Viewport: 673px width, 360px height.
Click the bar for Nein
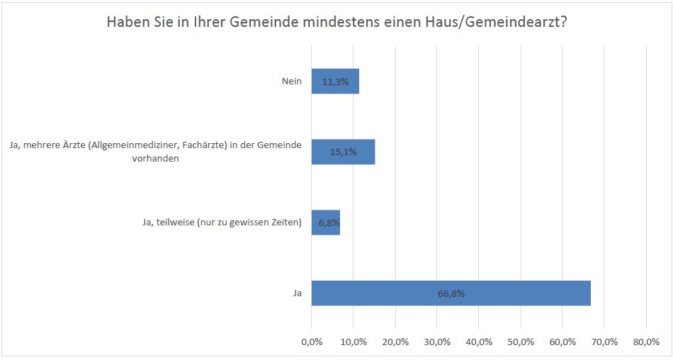click(x=335, y=81)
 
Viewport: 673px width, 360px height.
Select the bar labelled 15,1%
click(x=343, y=152)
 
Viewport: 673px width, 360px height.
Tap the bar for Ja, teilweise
click(x=326, y=223)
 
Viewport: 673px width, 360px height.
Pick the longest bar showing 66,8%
click(x=451, y=293)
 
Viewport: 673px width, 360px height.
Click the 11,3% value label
click(x=335, y=81)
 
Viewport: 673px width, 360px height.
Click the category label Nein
click(x=292, y=81)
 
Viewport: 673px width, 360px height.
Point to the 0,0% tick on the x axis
click(x=312, y=342)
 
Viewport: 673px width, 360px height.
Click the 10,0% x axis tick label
click(x=354, y=342)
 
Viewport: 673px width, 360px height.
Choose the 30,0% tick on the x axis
click(x=437, y=342)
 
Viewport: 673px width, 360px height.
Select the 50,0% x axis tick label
click(x=521, y=342)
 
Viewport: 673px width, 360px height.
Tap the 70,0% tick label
click(x=604, y=342)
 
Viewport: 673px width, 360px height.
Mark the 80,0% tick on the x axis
click(x=646, y=342)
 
